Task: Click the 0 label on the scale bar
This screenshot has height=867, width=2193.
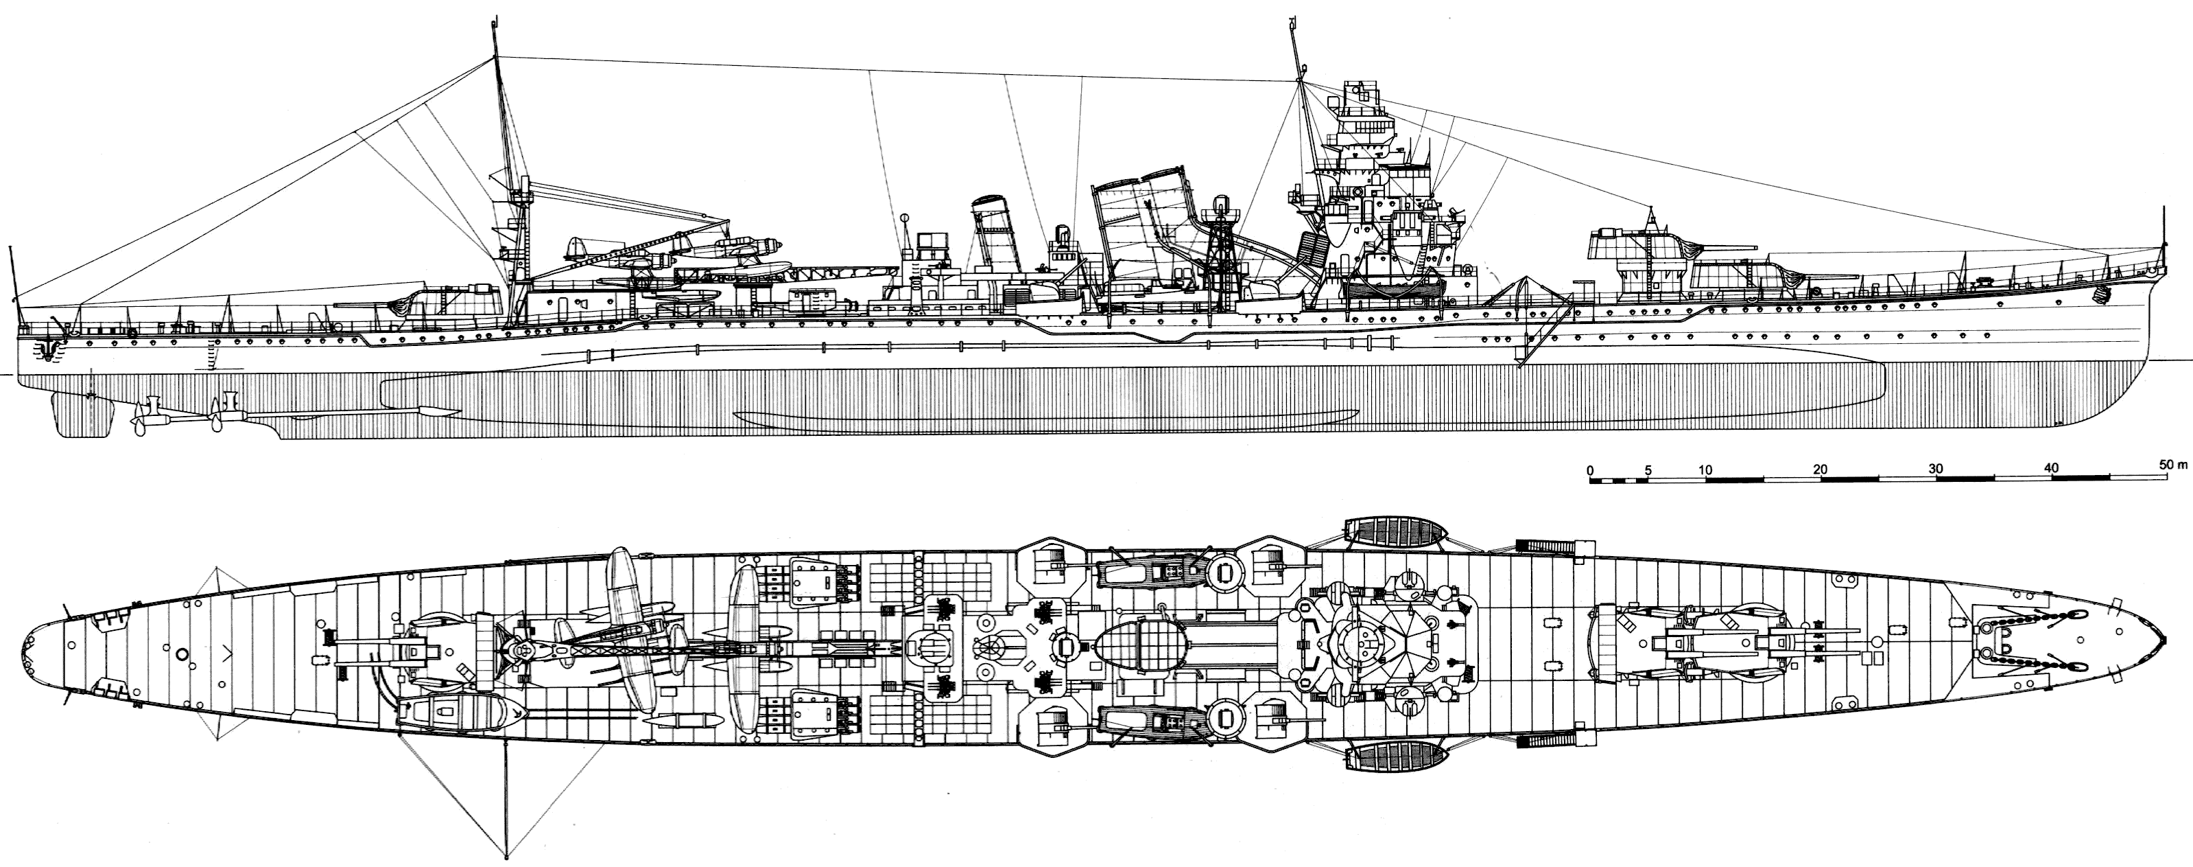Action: [1590, 470]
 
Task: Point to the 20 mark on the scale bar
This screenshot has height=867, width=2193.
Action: [1820, 470]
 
